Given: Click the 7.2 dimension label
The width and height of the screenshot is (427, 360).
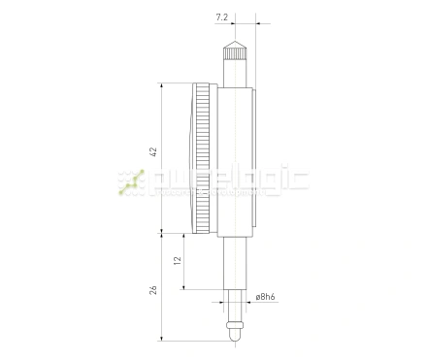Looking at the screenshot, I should pos(223,16).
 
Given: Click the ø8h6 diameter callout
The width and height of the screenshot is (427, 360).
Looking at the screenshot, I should pos(267,296).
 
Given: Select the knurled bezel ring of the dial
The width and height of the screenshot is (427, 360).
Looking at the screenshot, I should pos(204,160).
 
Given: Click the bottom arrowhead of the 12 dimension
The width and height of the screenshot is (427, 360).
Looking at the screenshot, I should pos(183,288).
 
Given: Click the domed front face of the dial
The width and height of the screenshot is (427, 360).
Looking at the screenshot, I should pos(187,160).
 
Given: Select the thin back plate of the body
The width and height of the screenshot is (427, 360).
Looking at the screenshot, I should pos(255,160).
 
